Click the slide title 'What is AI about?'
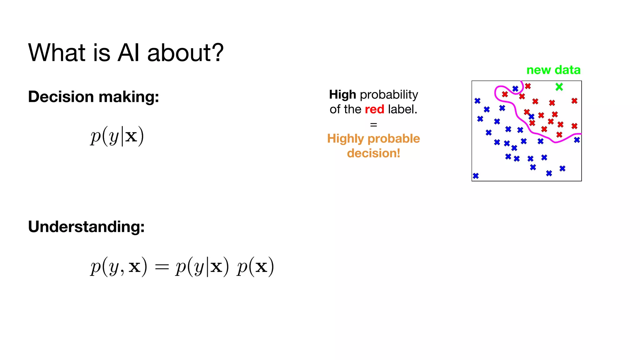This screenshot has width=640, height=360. (x=126, y=52)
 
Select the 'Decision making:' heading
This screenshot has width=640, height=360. (x=93, y=97)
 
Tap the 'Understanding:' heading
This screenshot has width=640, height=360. (x=86, y=227)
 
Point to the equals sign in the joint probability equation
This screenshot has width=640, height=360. (x=162, y=267)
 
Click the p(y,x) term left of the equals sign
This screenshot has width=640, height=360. (x=118, y=267)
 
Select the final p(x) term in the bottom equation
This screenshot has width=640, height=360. (x=255, y=267)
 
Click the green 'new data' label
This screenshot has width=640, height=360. (x=553, y=70)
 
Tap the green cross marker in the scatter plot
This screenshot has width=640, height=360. (x=559, y=87)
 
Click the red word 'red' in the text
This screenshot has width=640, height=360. (x=374, y=109)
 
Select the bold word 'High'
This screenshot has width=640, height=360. (x=342, y=94)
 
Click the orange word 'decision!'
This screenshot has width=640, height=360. (x=373, y=153)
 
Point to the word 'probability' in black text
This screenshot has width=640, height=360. (x=389, y=94)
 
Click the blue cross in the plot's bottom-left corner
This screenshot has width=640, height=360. (x=476, y=176)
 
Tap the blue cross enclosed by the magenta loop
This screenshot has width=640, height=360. (x=515, y=89)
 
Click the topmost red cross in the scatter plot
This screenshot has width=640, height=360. (x=528, y=86)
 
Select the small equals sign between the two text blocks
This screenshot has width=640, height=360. (x=373, y=125)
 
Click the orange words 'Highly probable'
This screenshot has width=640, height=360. (x=373, y=139)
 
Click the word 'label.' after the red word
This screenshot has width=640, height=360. (x=402, y=109)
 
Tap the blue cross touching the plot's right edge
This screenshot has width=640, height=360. (x=577, y=140)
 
